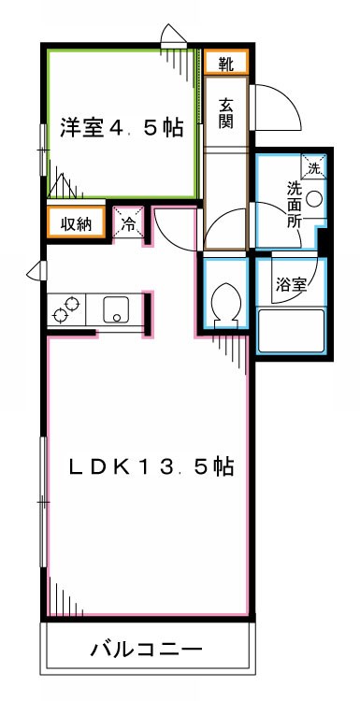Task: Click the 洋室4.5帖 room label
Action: coord(122,128)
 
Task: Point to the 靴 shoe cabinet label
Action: coord(226,64)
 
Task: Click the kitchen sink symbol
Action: coord(117,309)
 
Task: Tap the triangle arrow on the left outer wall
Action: coord(36,271)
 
